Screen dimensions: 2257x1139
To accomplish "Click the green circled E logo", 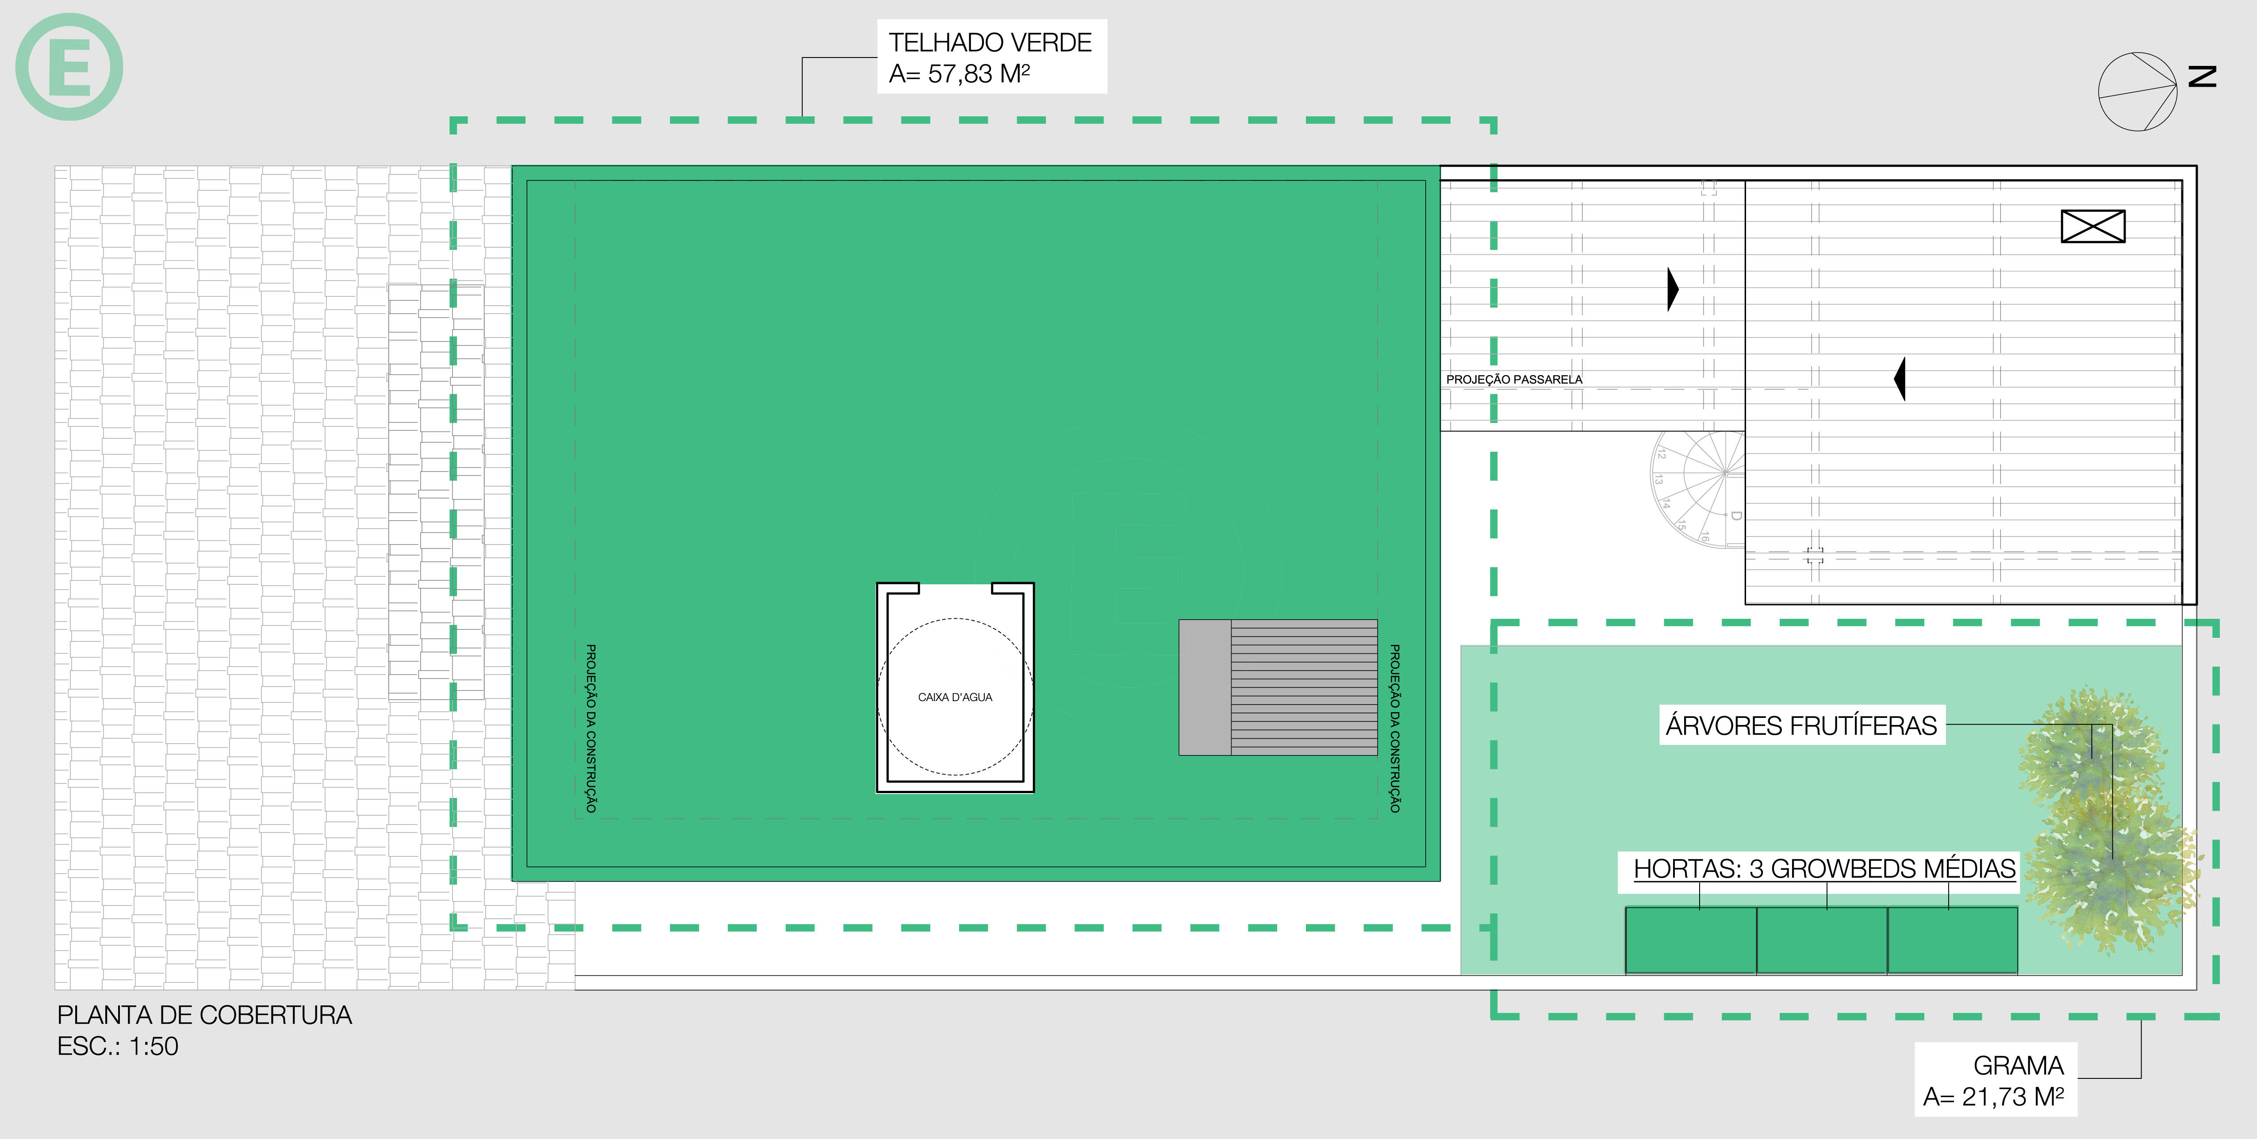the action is (x=69, y=67).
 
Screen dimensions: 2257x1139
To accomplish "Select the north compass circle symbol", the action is (x=2138, y=91).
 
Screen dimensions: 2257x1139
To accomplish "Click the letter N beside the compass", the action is (x=2202, y=77).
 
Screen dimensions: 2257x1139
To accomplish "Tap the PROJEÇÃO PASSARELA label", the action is (x=1514, y=380).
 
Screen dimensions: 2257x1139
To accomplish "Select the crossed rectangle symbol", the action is (x=2093, y=226).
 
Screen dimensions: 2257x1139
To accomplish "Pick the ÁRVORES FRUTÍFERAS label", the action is (x=1801, y=725).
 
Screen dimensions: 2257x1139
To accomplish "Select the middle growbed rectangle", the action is (x=1822, y=939).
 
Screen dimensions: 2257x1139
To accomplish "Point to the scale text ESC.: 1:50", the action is (x=117, y=1046).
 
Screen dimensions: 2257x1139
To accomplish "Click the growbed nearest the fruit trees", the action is (x=1952, y=939).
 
